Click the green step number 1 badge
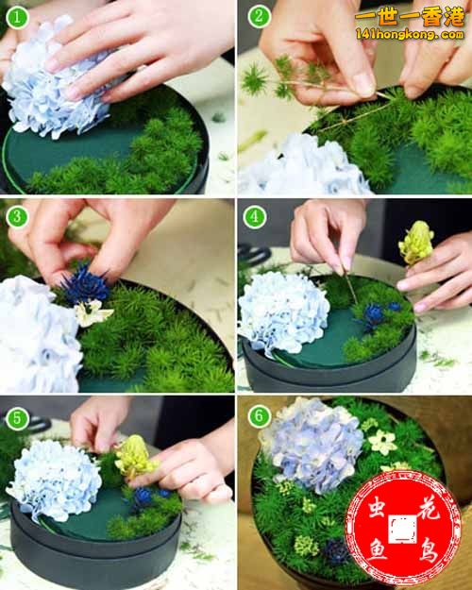(x=17, y=17)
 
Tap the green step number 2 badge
(x=259, y=16)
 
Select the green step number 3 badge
(x=17, y=217)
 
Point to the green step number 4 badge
(x=255, y=217)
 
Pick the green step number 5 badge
(x=17, y=418)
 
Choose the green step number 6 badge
(x=259, y=416)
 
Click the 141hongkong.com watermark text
(x=410, y=35)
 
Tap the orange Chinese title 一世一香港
(x=411, y=17)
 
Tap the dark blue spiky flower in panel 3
(x=84, y=285)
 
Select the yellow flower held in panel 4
(x=416, y=243)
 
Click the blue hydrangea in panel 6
(x=313, y=445)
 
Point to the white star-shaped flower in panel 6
(x=382, y=442)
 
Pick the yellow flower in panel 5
(x=135, y=457)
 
